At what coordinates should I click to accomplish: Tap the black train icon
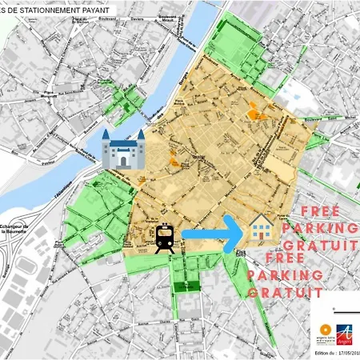click(166, 238)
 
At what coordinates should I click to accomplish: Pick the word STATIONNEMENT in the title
click(44, 9)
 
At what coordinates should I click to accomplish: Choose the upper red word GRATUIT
click(326, 246)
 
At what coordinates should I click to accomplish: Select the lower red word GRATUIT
click(278, 293)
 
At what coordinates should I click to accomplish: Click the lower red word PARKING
click(285, 275)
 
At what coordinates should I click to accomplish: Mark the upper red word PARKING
click(329, 229)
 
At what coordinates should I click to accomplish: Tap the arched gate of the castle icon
click(123, 158)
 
